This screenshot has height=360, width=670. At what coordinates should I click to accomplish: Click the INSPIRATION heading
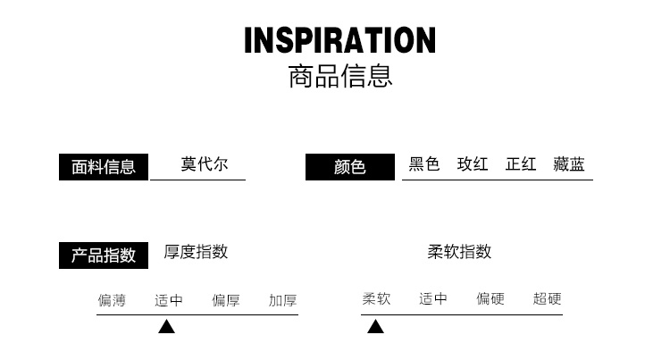point(339,40)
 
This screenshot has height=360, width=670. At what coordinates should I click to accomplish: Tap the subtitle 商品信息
point(339,77)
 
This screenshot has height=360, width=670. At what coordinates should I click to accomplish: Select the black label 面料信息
point(104,167)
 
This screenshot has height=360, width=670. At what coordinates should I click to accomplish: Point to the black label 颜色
point(350,167)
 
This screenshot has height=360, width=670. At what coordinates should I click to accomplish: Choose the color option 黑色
point(424,164)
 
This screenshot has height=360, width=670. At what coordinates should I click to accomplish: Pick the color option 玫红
point(473,164)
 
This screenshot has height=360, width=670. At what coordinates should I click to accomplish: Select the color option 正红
point(521,164)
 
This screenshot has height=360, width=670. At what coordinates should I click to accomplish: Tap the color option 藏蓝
point(569,164)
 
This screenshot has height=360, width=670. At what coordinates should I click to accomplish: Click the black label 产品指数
point(104,255)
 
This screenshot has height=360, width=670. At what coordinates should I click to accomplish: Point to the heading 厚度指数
point(196,252)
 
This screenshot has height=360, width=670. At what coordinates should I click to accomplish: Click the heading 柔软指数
point(459,252)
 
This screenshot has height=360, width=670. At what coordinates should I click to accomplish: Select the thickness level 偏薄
point(112,300)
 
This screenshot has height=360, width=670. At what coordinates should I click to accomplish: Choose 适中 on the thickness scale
point(169,300)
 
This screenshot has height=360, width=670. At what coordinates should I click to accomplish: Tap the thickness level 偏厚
point(226,300)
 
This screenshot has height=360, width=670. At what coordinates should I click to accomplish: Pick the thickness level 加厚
point(282,300)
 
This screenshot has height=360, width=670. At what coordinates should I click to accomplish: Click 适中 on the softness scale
point(433,299)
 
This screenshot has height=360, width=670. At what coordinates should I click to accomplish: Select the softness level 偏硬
point(490,299)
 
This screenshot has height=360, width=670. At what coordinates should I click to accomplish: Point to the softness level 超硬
point(547,299)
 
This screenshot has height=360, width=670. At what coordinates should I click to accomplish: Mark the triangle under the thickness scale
point(166,327)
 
